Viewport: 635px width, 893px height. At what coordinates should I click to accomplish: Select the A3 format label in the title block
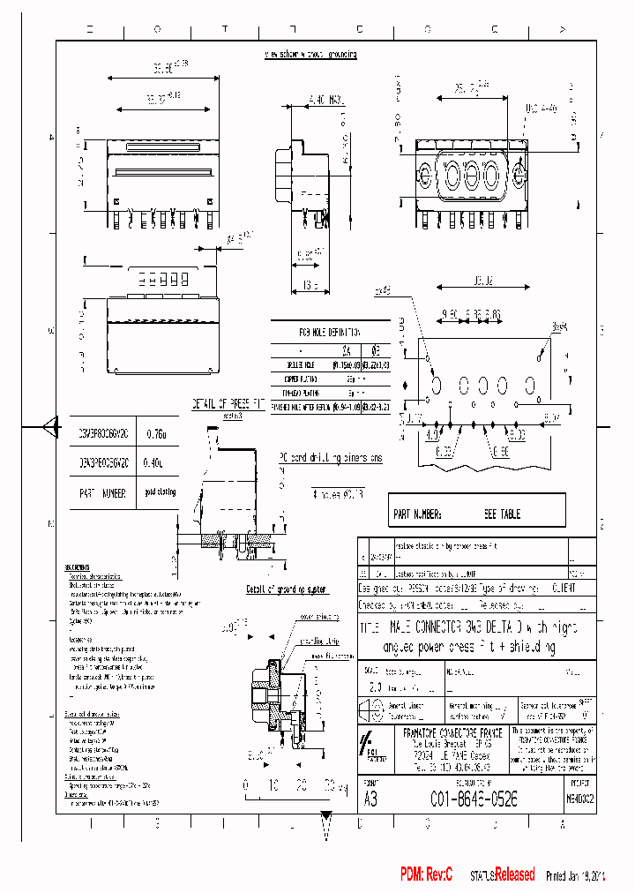point(371,799)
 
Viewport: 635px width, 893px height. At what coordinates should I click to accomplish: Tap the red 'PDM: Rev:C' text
point(426,874)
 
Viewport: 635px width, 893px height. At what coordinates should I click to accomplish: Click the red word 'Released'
point(514,875)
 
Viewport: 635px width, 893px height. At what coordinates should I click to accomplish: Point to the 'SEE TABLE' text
point(502,514)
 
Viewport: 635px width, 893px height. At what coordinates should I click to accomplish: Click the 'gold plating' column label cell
point(160,493)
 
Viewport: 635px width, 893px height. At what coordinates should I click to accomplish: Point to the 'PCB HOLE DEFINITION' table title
point(328,333)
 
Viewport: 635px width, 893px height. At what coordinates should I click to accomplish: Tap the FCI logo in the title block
point(371,746)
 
